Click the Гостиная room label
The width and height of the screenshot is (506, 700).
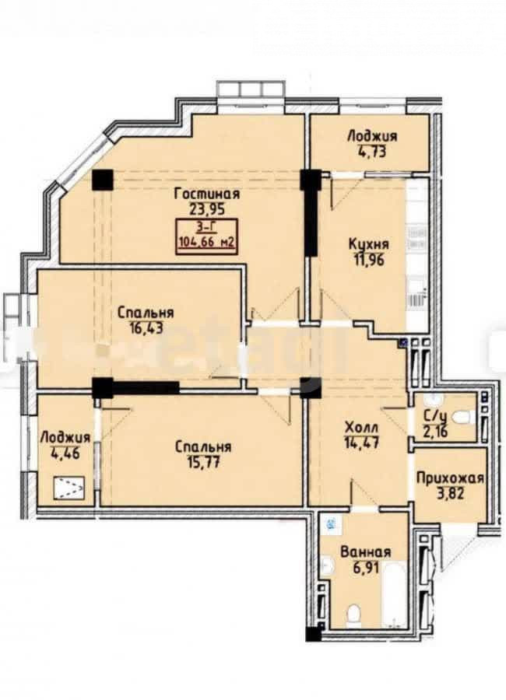tap(207, 194)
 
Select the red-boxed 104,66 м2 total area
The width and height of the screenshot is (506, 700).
tap(207, 243)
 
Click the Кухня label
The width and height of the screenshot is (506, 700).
tap(368, 245)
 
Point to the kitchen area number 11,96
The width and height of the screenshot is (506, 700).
tap(369, 260)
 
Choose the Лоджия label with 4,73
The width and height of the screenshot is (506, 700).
tap(372, 136)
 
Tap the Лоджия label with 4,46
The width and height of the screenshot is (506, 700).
tap(65, 438)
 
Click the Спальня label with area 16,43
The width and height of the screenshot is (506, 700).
tap(146, 313)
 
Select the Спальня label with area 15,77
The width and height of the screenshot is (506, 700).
tap(203, 447)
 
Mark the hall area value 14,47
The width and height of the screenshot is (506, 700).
tap(362, 443)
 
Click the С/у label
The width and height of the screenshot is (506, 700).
tap(434, 417)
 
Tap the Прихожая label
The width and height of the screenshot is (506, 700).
tap(450, 479)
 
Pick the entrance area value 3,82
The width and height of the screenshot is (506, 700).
tap(450, 494)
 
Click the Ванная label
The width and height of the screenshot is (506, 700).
tap(366, 552)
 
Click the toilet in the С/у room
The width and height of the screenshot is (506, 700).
tap(462, 418)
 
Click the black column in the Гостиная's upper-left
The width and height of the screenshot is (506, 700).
tap(102, 180)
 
